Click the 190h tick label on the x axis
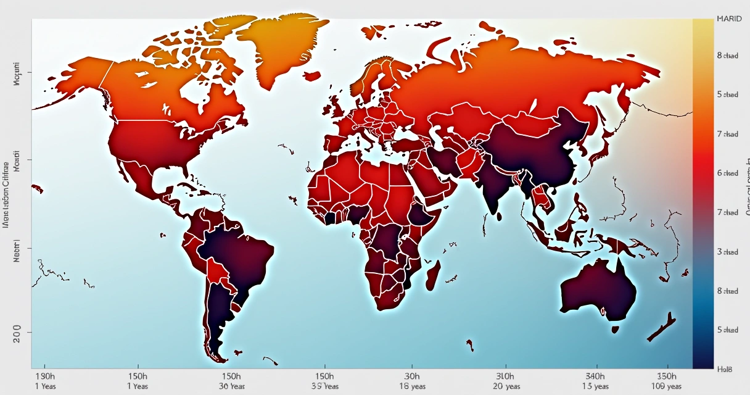click(44, 376)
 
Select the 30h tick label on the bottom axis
click(411, 376)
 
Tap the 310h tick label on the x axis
click(505, 376)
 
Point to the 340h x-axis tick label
click(595, 376)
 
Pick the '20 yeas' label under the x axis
click(506, 386)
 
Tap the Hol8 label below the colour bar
click(725, 369)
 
